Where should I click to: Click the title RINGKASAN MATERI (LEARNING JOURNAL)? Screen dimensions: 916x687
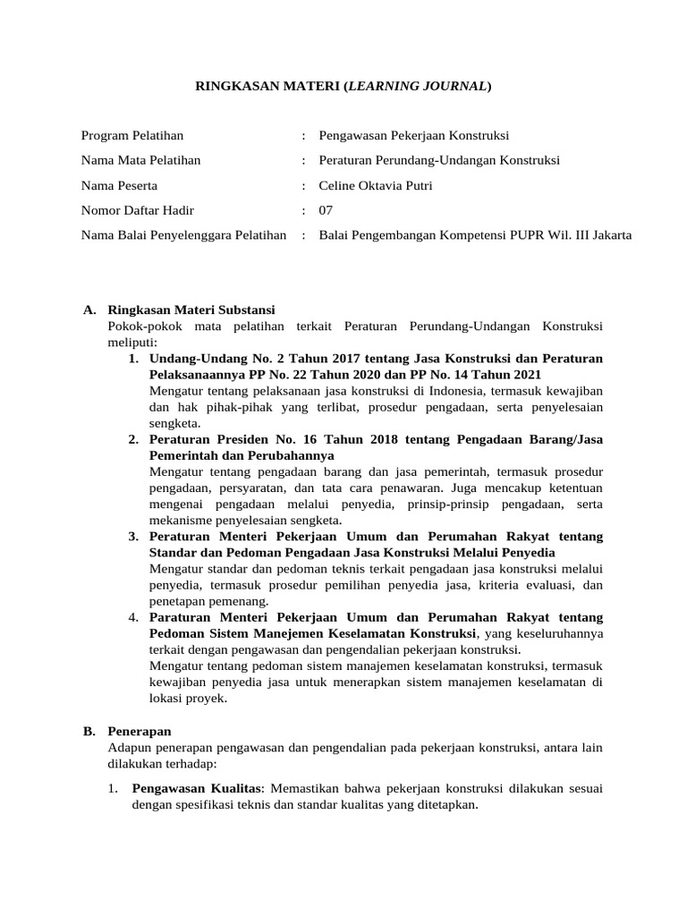point(343,87)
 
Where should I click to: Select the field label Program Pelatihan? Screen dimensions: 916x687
point(132,136)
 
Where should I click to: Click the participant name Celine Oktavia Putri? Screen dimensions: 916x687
point(376,186)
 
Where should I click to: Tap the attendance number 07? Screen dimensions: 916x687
point(326,211)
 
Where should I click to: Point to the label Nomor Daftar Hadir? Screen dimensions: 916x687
point(137,211)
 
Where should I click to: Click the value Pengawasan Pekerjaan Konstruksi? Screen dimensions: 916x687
point(413,136)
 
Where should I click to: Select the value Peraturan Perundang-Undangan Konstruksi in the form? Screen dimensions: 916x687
point(438,161)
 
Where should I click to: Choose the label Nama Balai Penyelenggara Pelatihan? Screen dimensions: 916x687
point(183,236)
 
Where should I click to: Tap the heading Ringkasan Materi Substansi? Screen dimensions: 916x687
point(191,310)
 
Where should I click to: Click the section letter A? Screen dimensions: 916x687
point(89,310)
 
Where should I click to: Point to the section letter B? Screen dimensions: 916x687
point(89,731)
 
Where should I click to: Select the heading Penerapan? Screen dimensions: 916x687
point(139,731)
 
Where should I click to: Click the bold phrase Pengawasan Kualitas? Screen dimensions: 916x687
point(197,788)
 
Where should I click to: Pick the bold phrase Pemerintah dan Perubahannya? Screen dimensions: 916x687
point(242,455)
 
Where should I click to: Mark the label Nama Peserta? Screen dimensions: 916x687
point(119,186)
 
